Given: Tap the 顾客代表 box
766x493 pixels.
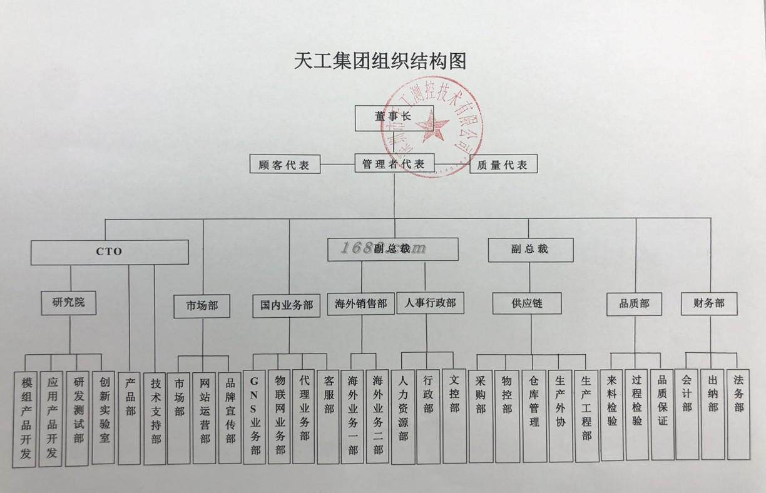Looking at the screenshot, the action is pyautogui.click(x=285, y=165).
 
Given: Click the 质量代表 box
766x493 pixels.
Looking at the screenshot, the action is pyautogui.click(x=503, y=164).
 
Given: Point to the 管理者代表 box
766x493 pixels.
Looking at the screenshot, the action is pyautogui.click(x=394, y=164).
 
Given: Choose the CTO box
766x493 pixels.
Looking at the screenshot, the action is pyautogui.click(x=110, y=252).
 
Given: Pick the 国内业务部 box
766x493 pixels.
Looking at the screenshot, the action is pyautogui.click(x=287, y=305).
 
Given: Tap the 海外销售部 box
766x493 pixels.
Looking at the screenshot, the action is pyautogui.click(x=360, y=304).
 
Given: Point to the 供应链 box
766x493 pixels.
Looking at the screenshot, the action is pyautogui.click(x=527, y=303).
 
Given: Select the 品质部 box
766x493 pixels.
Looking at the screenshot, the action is pyautogui.click(x=634, y=303).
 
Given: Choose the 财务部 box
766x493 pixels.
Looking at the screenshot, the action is pyautogui.click(x=709, y=303).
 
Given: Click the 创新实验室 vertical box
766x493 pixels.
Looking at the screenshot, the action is pyautogui.click(x=105, y=418).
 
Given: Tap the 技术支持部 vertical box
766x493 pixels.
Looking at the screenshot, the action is pyautogui.click(x=155, y=418).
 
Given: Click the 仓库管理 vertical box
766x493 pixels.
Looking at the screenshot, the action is pyautogui.click(x=534, y=416).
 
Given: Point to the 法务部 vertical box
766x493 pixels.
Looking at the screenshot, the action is pyautogui.click(x=738, y=414).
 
